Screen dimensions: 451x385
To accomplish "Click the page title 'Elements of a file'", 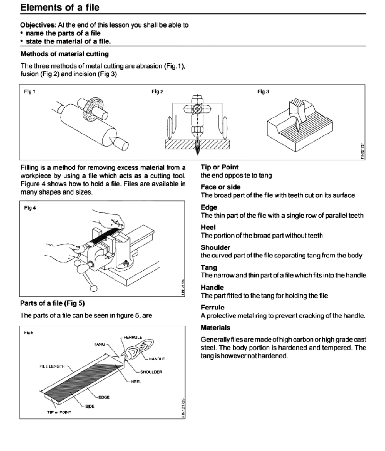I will pyautogui.click(x=60, y=7).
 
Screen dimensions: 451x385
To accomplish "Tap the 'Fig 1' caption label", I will pyautogui.click(x=30, y=92).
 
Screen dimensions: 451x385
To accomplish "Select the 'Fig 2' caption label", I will pyautogui.click(x=158, y=92).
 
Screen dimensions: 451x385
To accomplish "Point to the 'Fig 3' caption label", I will pyautogui.click(x=263, y=92).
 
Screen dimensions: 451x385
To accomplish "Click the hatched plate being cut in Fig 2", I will pyautogui.click(x=180, y=145).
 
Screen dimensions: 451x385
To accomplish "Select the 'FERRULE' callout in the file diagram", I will pyautogui.click(x=133, y=337).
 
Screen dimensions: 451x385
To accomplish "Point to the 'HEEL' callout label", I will pyautogui.click(x=136, y=382).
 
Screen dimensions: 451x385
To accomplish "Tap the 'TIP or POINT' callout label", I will pyautogui.click(x=59, y=412).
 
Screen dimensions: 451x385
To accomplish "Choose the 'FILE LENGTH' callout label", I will pyautogui.click(x=52, y=366).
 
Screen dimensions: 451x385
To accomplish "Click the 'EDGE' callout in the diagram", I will pyautogui.click(x=104, y=397).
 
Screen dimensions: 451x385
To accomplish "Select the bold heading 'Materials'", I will pyautogui.click(x=215, y=328).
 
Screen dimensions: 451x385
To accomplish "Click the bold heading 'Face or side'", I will pyautogui.click(x=220, y=187).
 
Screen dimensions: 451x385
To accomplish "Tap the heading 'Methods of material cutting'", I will pyautogui.click(x=64, y=54).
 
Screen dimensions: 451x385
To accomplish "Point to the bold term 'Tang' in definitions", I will pyautogui.click(x=209, y=267).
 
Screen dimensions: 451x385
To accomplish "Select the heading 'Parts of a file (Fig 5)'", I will pyautogui.click(x=52, y=303).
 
